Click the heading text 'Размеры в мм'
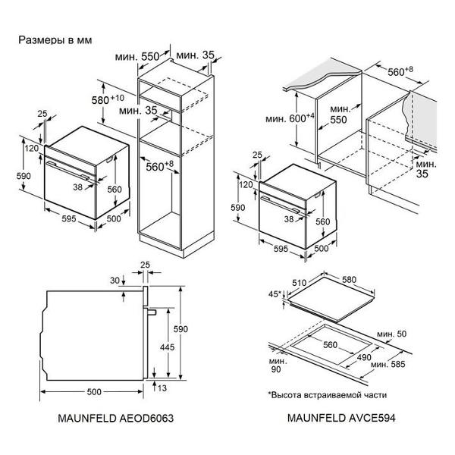(x=55, y=40)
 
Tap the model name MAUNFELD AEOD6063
(x=115, y=418)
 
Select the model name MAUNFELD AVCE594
(x=341, y=418)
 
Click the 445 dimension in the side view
(x=168, y=347)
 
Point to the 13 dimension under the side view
(x=162, y=388)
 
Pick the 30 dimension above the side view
(x=115, y=281)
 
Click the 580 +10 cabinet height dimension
(x=108, y=99)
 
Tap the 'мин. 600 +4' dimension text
(x=290, y=118)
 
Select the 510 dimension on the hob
(x=300, y=282)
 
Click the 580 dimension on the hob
(x=349, y=279)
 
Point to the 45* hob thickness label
(x=275, y=294)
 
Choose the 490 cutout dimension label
(x=364, y=357)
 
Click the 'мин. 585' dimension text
(x=388, y=364)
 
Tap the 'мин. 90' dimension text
(x=278, y=365)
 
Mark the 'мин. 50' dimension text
(x=392, y=334)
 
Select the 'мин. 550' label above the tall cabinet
(x=137, y=56)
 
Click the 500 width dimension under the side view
(x=94, y=392)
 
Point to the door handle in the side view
(x=152, y=312)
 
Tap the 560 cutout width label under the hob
(x=330, y=345)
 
